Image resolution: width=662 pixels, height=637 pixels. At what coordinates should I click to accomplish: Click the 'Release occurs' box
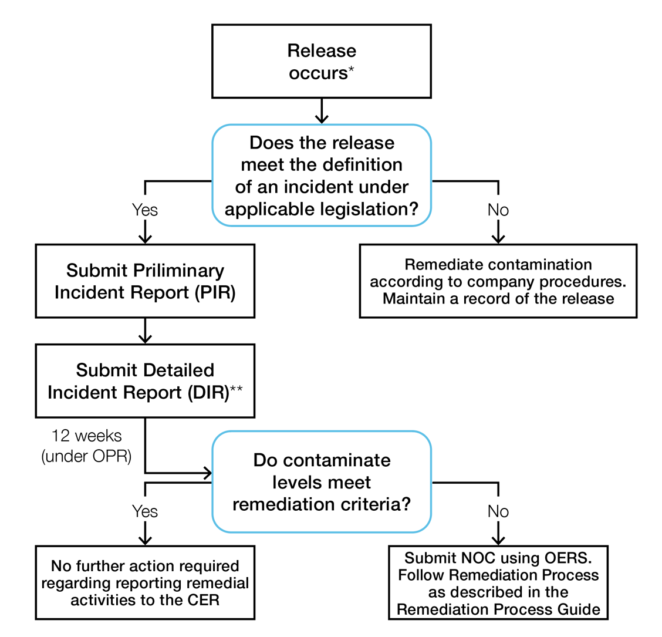pos(321,61)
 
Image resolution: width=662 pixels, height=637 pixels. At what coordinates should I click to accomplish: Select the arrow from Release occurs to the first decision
pos(321,111)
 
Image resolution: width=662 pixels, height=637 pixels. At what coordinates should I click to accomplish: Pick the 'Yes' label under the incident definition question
pos(145,210)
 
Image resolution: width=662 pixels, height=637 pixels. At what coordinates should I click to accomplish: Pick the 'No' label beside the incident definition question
pos(498,210)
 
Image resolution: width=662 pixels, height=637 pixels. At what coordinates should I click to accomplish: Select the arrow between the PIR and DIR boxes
pos(145,331)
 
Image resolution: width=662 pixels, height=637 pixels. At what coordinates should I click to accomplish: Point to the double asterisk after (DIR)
pos(237,389)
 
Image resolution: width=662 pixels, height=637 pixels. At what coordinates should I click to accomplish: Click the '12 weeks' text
pos(86,436)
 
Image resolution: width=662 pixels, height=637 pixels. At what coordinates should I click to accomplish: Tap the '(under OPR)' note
pos(86,456)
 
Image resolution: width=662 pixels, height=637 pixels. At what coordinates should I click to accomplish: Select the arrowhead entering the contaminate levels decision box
pos(207,472)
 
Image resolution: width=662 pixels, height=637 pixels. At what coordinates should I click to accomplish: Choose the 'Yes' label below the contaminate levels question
pos(145,511)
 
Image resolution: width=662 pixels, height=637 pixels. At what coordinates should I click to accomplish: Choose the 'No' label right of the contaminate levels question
pos(498,511)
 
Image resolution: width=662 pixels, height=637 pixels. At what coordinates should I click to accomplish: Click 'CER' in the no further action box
pos(203,600)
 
